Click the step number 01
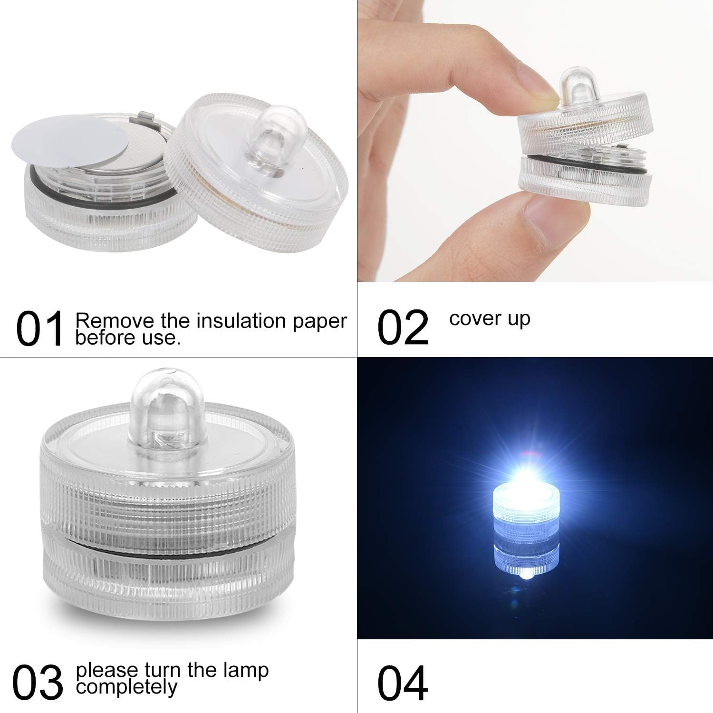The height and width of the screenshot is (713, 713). tap(40, 329)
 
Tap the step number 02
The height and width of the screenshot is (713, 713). tap(403, 328)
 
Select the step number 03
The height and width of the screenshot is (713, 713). tap(38, 682)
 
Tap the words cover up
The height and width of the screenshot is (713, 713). tap(490, 318)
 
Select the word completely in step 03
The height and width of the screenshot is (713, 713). tap(126, 686)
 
